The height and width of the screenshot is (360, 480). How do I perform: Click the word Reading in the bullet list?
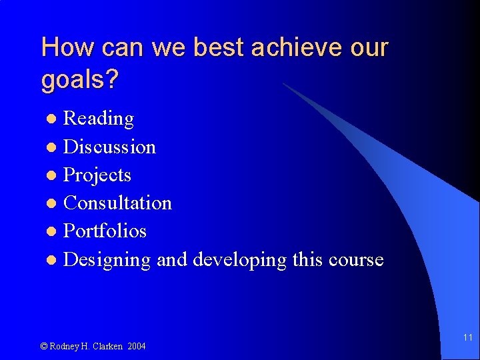pos(98,119)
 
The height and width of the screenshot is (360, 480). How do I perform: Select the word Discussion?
pos(109,147)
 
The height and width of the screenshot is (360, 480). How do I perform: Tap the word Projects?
pos(97,175)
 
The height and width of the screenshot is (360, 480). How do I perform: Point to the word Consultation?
pos(117,203)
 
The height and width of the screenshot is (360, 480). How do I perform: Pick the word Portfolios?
pos(105,231)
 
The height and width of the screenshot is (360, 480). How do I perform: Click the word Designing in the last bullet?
pos(107,260)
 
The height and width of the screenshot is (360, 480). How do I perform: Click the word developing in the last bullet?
pos(239,260)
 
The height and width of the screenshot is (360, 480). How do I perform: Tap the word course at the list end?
pos(356,259)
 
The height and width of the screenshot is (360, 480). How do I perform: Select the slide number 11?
pos(467,338)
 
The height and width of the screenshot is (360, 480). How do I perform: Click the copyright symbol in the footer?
pos(44,346)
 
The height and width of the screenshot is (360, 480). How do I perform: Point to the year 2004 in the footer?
pos(136,346)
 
